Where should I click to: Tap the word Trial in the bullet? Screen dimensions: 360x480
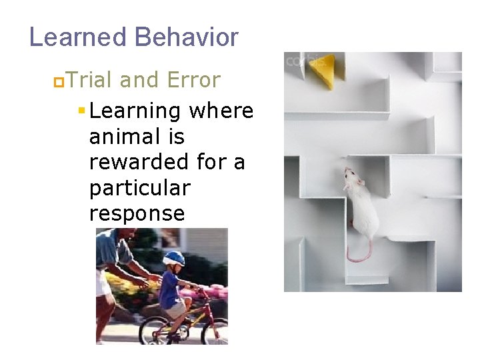pos(90,80)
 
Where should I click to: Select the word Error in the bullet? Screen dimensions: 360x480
pos(193,80)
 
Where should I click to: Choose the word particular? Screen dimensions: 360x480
pos(139,188)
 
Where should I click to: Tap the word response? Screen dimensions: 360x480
pos(137,214)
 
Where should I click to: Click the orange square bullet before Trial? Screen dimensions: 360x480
pos(58,81)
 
